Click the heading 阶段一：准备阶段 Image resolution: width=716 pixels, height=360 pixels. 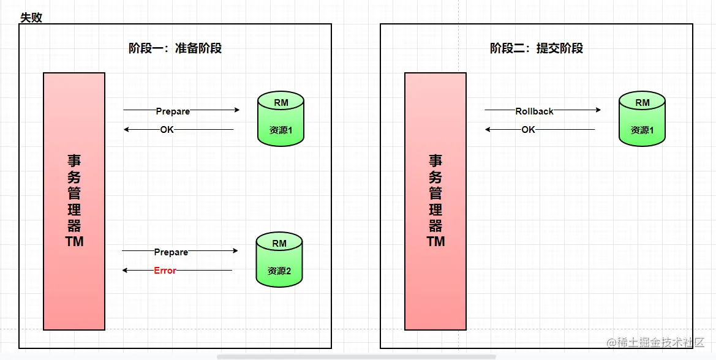pos(175,48)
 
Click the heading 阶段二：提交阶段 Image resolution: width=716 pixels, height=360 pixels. pos(537,48)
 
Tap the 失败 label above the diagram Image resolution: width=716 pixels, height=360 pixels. pos(31,17)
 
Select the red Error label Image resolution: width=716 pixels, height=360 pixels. pos(165,271)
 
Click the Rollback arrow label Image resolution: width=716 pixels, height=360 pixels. pos(534,111)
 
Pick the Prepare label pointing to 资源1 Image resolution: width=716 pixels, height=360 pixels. pos(173,111)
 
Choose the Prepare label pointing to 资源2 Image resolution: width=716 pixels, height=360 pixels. pos(171,252)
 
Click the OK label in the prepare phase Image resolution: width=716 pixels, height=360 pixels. pos(167,129)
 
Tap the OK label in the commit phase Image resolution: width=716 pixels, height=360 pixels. pos(528,129)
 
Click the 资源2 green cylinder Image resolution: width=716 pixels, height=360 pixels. pos(279,260)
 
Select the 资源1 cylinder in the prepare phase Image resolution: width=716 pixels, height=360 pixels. pos(281,119)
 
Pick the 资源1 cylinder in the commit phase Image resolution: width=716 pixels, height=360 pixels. pos(642,119)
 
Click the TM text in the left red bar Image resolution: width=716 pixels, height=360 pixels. pos(74,241)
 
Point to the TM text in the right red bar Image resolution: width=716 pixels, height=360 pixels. pos(435,241)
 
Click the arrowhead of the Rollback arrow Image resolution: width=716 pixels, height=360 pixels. pos(598,110)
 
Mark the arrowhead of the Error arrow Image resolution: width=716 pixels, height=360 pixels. pos(125,270)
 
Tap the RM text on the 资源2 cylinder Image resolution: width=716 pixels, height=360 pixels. pos(279,243)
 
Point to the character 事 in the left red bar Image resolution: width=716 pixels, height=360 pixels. pos(74,161)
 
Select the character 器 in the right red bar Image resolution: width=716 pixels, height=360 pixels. pos(435,225)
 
